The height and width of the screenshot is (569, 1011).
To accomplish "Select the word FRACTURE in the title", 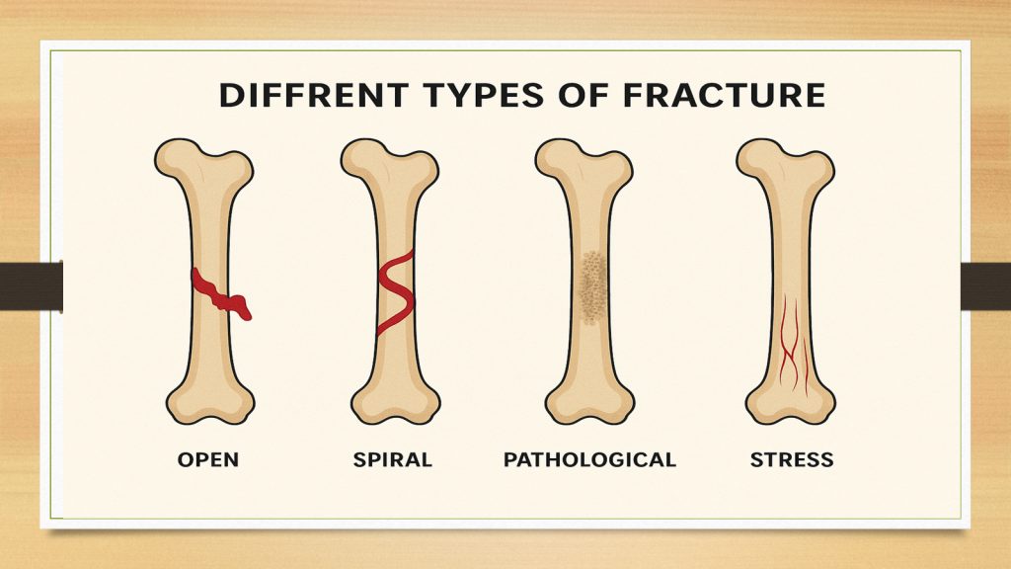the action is pyautogui.click(x=724, y=96).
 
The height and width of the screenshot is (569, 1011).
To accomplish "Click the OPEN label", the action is pyautogui.click(x=208, y=460).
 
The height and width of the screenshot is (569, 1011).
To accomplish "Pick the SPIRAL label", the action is pyautogui.click(x=393, y=460).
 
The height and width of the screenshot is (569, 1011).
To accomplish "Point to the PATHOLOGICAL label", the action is pyautogui.click(x=590, y=460).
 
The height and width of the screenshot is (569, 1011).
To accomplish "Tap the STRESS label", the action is pyautogui.click(x=792, y=460).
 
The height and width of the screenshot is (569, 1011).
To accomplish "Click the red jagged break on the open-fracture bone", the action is pyautogui.click(x=221, y=294).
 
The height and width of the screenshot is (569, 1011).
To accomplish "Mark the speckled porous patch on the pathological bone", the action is pyautogui.click(x=592, y=287).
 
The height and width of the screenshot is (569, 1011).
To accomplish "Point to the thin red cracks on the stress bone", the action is pyautogui.click(x=793, y=345).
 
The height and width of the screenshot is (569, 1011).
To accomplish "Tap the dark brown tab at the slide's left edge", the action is pyautogui.click(x=31, y=286).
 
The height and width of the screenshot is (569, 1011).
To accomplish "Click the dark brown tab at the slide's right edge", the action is pyautogui.click(x=986, y=286).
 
